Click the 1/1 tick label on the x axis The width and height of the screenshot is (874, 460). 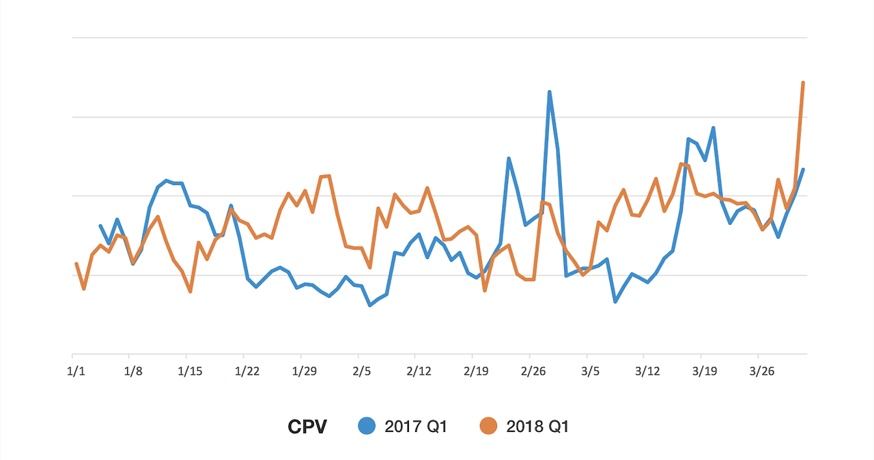click(x=76, y=372)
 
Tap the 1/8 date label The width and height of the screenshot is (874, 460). click(x=133, y=372)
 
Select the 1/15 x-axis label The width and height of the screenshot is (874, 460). click(x=190, y=372)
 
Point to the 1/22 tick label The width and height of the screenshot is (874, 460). click(x=247, y=372)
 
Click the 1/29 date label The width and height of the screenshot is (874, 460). click(x=305, y=372)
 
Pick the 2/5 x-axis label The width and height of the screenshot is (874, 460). click(x=362, y=372)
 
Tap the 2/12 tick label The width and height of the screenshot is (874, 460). click(x=419, y=372)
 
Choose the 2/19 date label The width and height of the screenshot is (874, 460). click(x=476, y=372)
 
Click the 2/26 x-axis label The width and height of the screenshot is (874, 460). click(x=533, y=372)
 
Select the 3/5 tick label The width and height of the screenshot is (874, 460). click(x=591, y=372)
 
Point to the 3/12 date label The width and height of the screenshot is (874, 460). click(x=647, y=372)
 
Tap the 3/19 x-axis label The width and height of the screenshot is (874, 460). click(x=705, y=372)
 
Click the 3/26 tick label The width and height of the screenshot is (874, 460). click(x=762, y=372)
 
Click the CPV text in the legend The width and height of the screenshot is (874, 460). click(x=307, y=427)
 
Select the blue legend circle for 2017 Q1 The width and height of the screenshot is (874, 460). click(x=368, y=427)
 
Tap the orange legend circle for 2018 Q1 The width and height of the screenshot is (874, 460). click(x=488, y=427)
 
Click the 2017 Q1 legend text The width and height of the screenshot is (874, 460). click(x=416, y=427)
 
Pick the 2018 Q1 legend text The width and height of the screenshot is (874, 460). click(x=537, y=427)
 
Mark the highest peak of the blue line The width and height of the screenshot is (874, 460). click(x=550, y=92)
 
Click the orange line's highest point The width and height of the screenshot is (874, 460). click(x=803, y=83)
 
